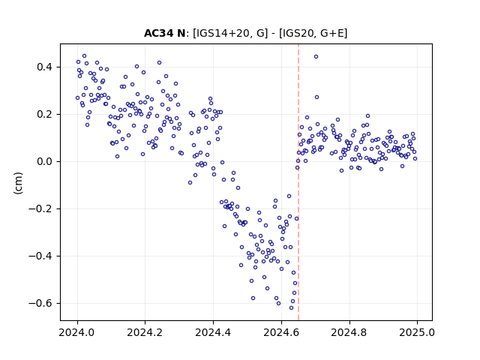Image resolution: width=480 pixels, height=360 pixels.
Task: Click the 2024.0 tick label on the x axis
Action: click(77, 332)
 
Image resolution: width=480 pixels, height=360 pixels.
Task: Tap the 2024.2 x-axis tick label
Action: click(145, 332)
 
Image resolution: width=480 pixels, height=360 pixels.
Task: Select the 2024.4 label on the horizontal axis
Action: click(213, 332)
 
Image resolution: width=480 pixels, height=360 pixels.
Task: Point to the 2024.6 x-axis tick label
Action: click(281, 332)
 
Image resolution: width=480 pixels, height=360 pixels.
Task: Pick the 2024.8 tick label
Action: click(349, 332)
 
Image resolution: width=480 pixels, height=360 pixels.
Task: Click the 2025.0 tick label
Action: click(417, 332)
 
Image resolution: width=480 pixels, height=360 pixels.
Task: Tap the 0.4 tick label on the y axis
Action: click(46, 67)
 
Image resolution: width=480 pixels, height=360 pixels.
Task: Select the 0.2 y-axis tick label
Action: click(46, 115)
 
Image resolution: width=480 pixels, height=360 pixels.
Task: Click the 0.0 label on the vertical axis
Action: click(46, 162)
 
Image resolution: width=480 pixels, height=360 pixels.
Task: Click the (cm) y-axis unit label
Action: click(18, 183)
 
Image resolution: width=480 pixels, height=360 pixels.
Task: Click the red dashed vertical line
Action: click(298, 182)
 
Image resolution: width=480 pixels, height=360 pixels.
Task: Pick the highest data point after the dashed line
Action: click(316, 57)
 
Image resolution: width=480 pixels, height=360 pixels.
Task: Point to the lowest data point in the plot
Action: click(291, 308)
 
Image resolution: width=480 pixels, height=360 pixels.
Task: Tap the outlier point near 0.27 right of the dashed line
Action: click(316, 97)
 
